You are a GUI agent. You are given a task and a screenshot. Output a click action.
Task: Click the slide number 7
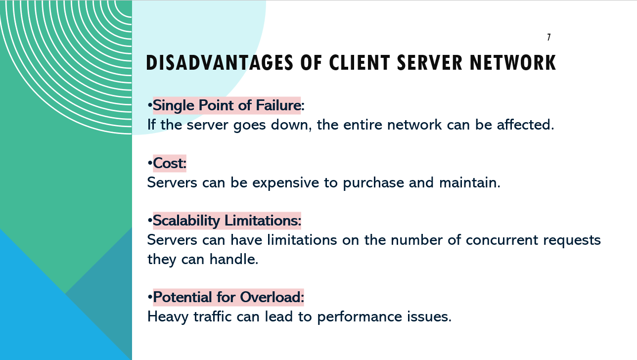click(x=549, y=37)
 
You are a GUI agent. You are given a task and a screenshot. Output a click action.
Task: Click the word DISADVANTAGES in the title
click(x=220, y=63)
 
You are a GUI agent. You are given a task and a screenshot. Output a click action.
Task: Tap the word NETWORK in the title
click(x=513, y=63)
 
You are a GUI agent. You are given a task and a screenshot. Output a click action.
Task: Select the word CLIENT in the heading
click(x=360, y=63)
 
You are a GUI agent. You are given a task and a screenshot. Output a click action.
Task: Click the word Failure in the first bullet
click(x=278, y=105)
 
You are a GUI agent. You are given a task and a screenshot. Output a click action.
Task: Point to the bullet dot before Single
click(x=150, y=105)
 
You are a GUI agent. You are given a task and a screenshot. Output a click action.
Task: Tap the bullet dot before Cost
click(x=150, y=163)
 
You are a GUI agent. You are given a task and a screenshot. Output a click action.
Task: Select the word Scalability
click(x=186, y=221)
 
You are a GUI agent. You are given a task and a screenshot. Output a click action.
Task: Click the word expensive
click(x=285, y=183)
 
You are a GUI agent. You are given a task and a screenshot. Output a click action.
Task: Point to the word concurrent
click(x=502, y=240)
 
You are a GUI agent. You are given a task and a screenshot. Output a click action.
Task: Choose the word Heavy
click(x=168, y=317)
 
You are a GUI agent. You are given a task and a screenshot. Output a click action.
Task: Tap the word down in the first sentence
click(x=289, y=125)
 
